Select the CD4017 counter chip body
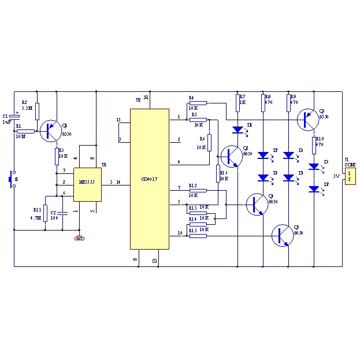[149, 179]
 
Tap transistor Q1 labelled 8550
[50, 131]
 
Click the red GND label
[79, 237]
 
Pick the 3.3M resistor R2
[37, 111]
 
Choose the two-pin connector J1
[350, 176]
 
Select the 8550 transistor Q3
[308, 119]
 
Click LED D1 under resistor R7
[237, 129]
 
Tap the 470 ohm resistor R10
[314, 144]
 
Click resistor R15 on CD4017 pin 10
[198, 235]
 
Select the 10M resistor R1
[25, 131]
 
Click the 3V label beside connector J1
[336, 176]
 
